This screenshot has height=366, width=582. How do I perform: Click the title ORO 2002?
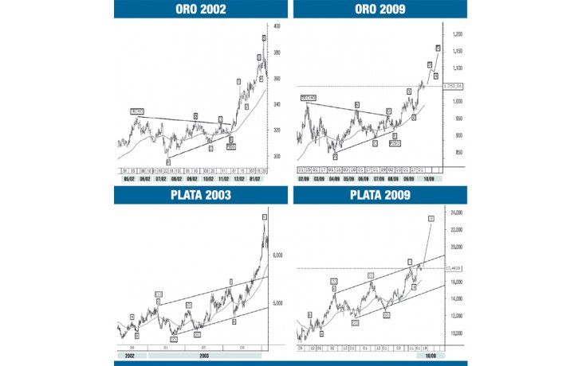200,10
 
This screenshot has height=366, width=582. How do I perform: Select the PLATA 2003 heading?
200,195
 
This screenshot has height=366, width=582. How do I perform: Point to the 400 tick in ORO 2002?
277,26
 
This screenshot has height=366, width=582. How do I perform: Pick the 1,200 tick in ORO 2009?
457,35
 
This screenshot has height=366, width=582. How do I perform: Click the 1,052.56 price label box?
454,85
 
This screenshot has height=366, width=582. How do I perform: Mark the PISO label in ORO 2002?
231,146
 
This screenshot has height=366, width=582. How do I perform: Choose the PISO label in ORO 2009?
395,143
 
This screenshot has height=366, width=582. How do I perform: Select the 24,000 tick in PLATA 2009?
457,212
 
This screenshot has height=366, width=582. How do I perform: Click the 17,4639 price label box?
454,268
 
